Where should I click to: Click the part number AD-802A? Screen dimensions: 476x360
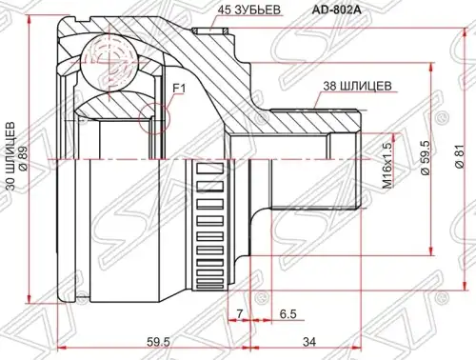pyautogui.click(x=336, y=10)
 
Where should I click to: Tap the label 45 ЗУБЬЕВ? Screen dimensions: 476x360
pyautogui.click(x=249, y=10)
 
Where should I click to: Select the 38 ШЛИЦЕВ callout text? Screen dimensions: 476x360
pyautogui.click(x=357, y=86)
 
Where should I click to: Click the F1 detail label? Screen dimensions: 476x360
pyautogui.click(x=179, y=89)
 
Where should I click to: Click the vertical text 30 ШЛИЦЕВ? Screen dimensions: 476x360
pyautogui.click(x=10, y=155)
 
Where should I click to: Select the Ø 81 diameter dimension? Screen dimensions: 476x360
pyautogui.click(x=460, y=156)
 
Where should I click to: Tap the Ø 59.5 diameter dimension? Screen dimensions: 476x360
pyautogui.click(x=426, y=158)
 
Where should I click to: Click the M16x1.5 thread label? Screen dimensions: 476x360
pyautogui.click(x=387, y=166)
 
